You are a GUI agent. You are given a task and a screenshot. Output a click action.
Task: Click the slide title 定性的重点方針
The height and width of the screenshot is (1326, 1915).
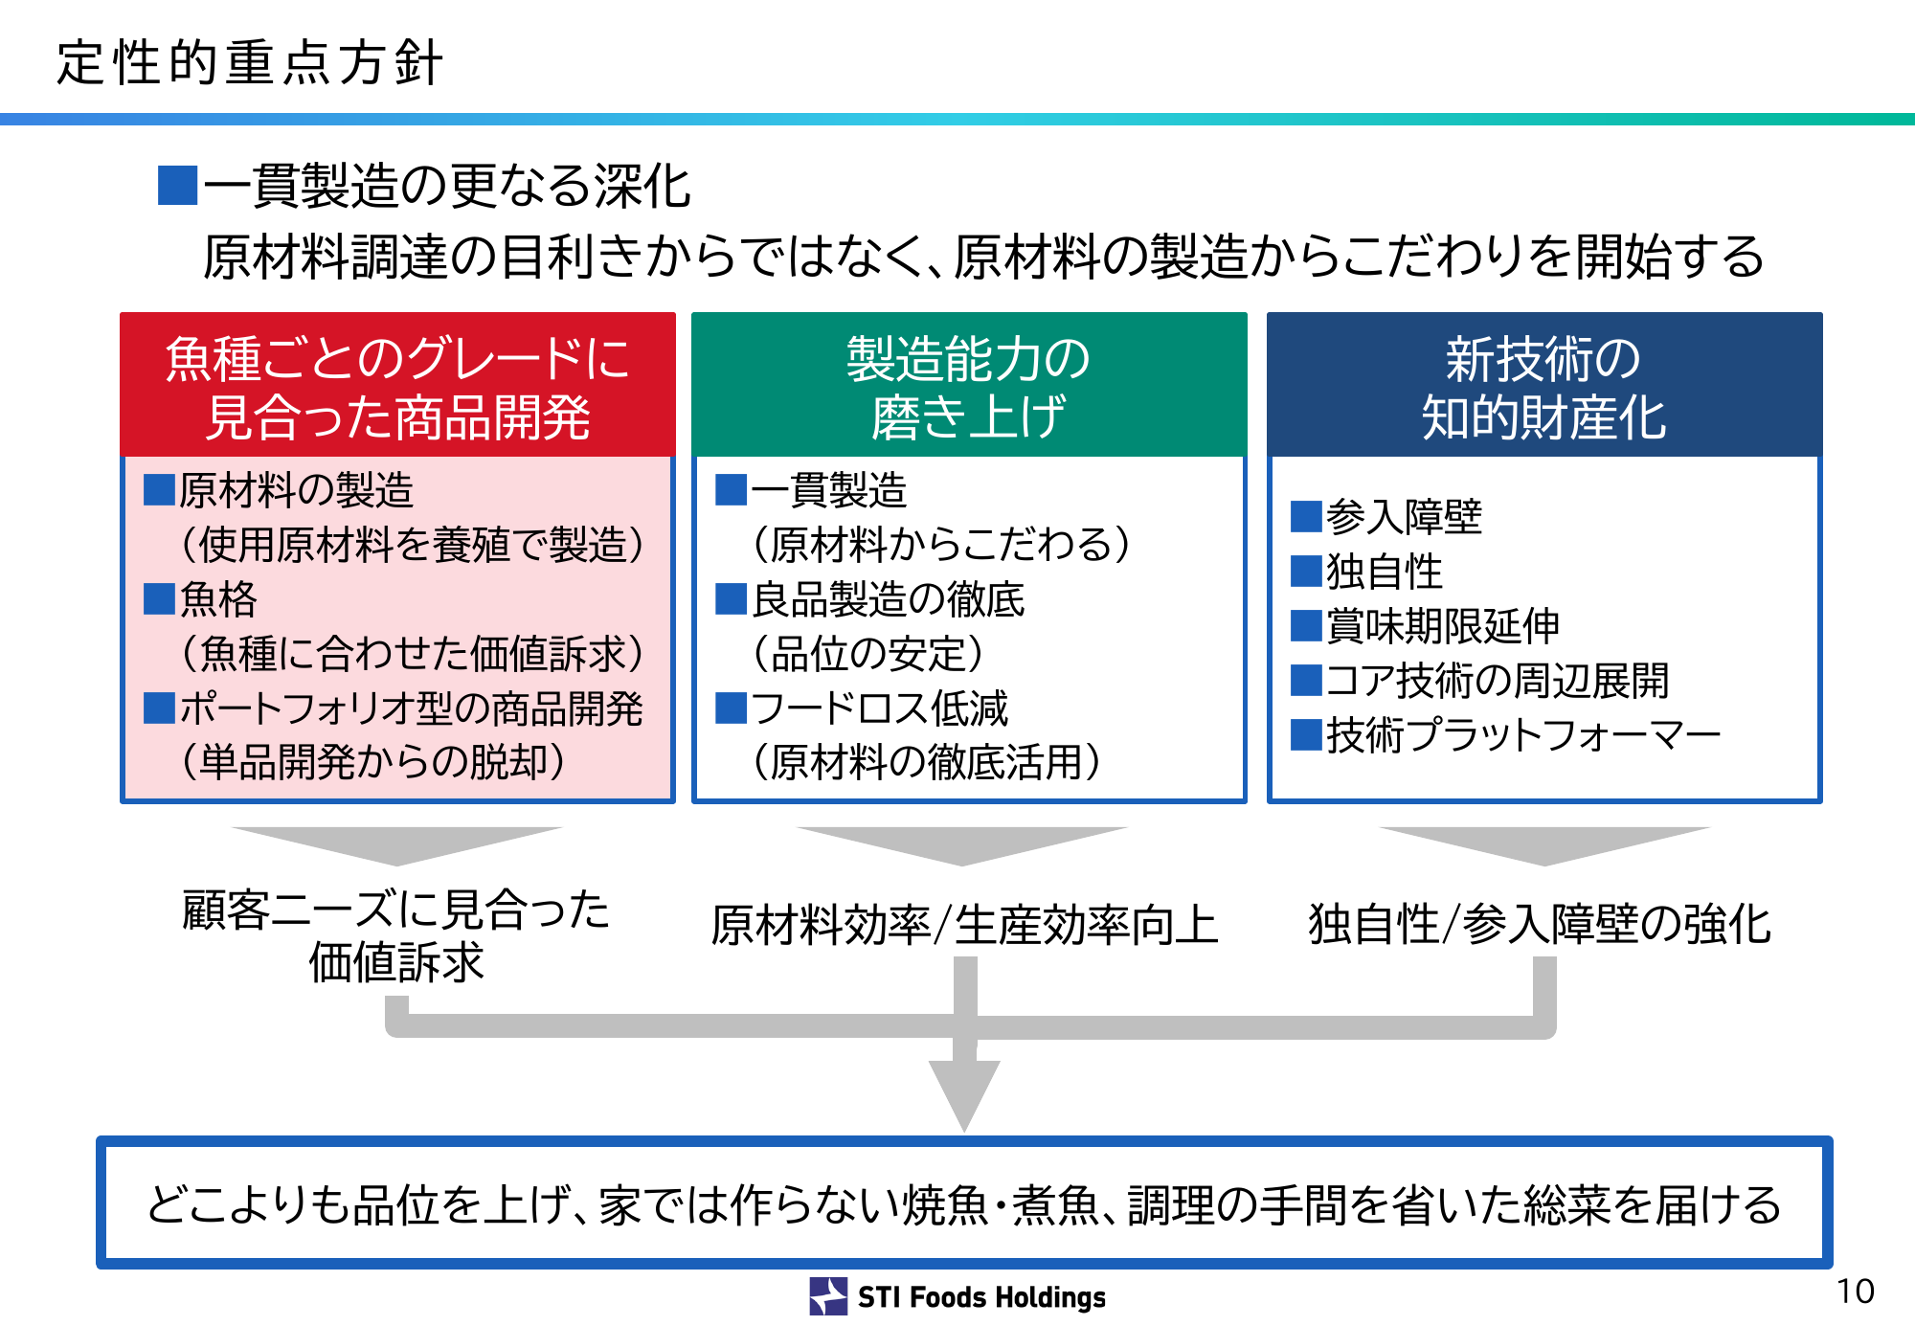[250, 63]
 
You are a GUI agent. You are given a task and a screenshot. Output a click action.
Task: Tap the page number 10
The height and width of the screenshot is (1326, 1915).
[1855, 1292]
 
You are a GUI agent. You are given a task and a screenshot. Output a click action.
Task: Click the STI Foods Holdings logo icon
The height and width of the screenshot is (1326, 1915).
[828, 1296]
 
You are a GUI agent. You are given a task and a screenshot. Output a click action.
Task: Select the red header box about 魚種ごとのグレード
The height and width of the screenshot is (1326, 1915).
[397, 385]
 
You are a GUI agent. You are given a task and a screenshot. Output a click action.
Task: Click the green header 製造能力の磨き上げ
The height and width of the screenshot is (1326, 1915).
[969, 385]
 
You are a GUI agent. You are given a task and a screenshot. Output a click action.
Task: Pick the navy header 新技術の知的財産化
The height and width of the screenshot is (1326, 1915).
[1544, 385]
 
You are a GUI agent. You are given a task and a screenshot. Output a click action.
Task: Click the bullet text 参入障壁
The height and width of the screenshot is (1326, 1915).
[1405, 517]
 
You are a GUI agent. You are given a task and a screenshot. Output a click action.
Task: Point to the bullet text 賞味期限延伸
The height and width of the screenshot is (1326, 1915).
[1444, 626]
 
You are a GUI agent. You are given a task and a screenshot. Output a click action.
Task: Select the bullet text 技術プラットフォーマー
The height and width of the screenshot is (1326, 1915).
[1524, 735]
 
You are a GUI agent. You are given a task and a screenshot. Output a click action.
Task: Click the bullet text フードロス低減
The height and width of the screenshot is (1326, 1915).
[880, 708]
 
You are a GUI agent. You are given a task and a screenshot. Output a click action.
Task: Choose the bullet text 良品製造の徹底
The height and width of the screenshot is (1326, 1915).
[889, 600]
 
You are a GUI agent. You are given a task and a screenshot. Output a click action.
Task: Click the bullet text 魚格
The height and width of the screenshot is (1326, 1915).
[219, 600]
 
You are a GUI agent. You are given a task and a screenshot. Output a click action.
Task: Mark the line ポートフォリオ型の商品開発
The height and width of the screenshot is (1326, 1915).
[412, 708]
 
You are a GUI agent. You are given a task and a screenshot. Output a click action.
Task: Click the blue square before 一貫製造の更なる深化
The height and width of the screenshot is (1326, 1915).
[177, 186]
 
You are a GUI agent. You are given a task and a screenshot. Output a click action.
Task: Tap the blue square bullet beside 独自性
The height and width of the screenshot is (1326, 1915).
[1306, 572]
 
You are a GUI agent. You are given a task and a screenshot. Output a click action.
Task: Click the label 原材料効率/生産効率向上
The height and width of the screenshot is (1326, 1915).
[964, 926]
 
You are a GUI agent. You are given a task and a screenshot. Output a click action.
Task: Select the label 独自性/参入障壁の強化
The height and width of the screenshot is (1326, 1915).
[1540, 925]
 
